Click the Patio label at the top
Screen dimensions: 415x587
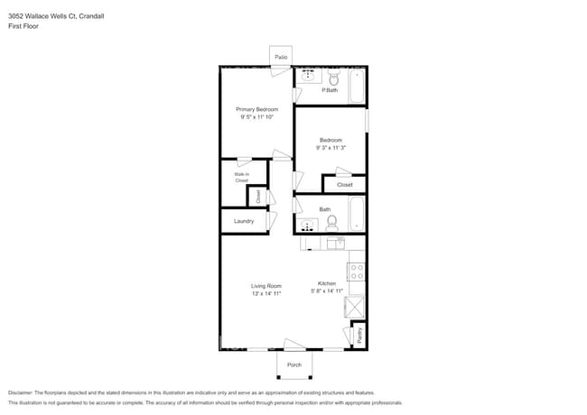click(281, 57)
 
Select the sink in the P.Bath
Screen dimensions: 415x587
click(308, 76)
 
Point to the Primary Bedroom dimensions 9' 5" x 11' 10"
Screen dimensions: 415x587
click(256, 116)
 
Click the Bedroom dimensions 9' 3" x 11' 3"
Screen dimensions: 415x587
click(331, 148)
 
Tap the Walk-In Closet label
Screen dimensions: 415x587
click(241, 177)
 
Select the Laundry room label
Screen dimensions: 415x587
click(243, 221)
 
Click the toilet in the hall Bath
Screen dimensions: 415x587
click(331, 221)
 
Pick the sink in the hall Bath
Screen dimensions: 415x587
click(307, 225)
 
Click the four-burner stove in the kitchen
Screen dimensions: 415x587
click(356, 270)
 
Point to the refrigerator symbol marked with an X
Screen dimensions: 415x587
click(355, 307)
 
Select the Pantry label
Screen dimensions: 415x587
click(359, 336)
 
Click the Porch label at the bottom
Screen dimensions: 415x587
click(294, 364)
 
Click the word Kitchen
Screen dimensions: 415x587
click(327, 282)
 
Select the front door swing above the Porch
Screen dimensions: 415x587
click(293, 345)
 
